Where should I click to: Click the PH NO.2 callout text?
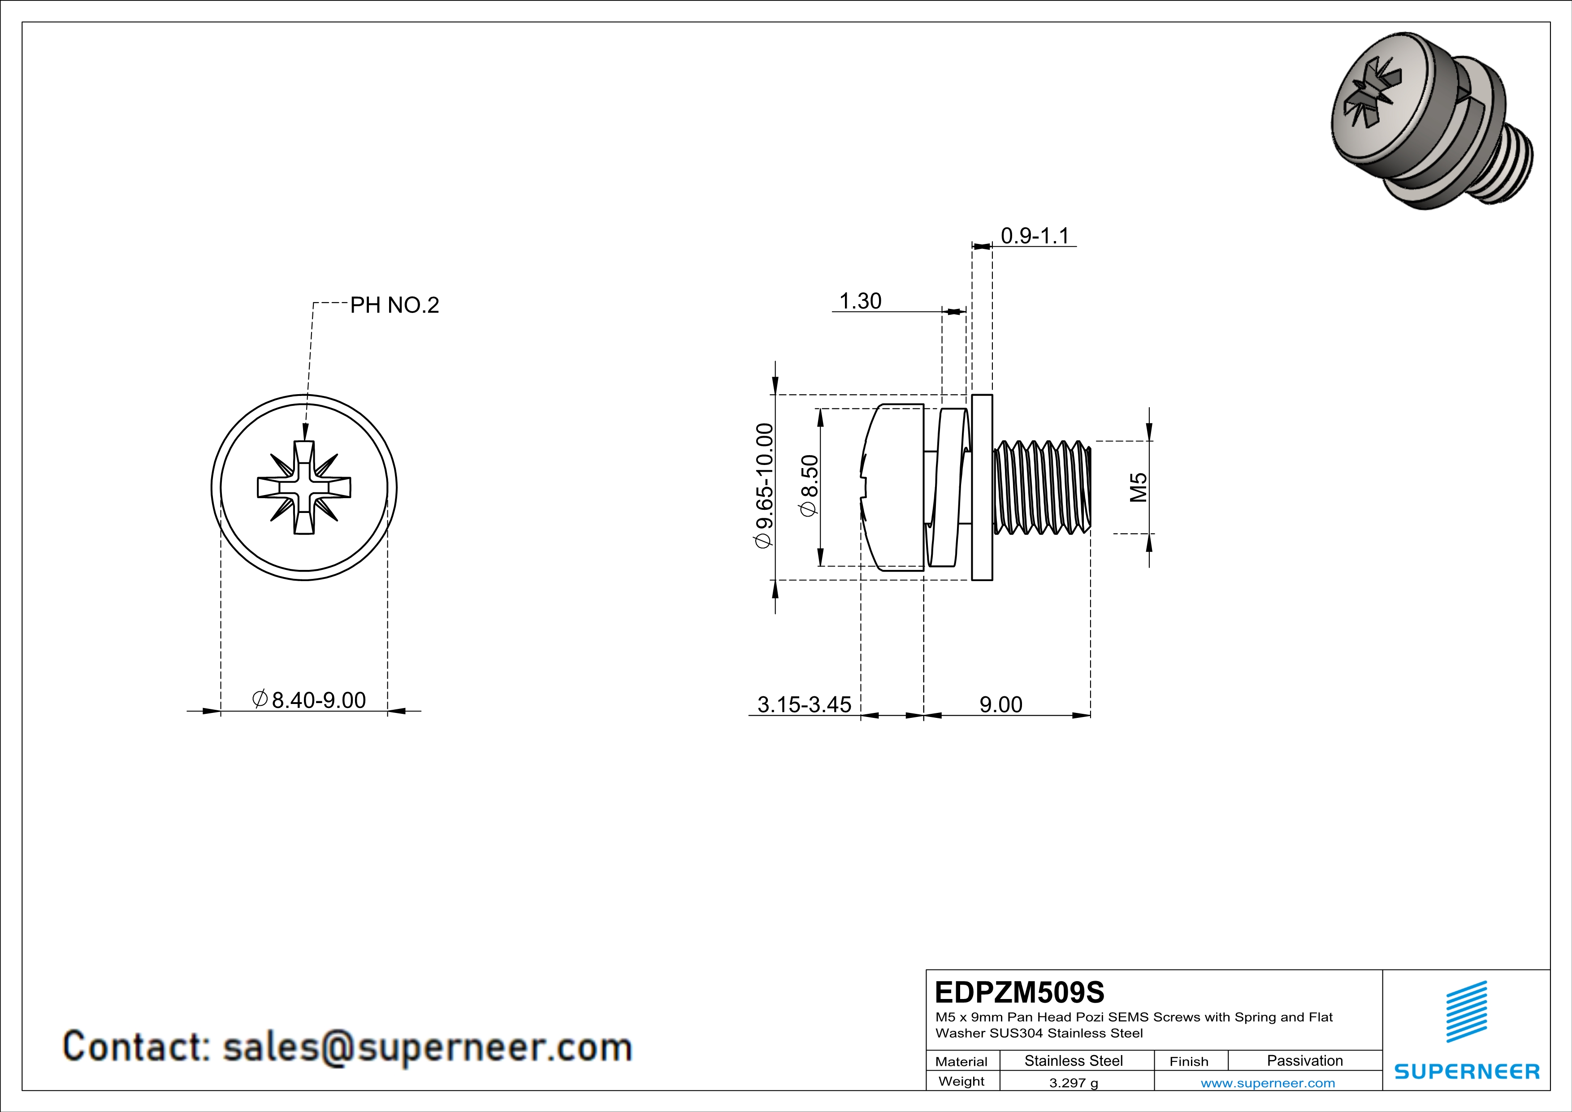coord(394,305)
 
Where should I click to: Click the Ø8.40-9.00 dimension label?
coord(309,700)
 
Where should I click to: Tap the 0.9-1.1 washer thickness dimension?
coord(1035,236)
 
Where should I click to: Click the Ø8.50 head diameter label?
coord(809,486)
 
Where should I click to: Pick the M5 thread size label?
coord(1138,487)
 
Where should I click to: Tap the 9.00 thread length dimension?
coord(1000,704)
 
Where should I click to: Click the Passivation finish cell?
coord(1304,1060)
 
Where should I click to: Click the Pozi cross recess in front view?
coord(304,487)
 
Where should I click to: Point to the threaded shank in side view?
coord(1041,487)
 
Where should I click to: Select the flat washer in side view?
coord(982,487)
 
